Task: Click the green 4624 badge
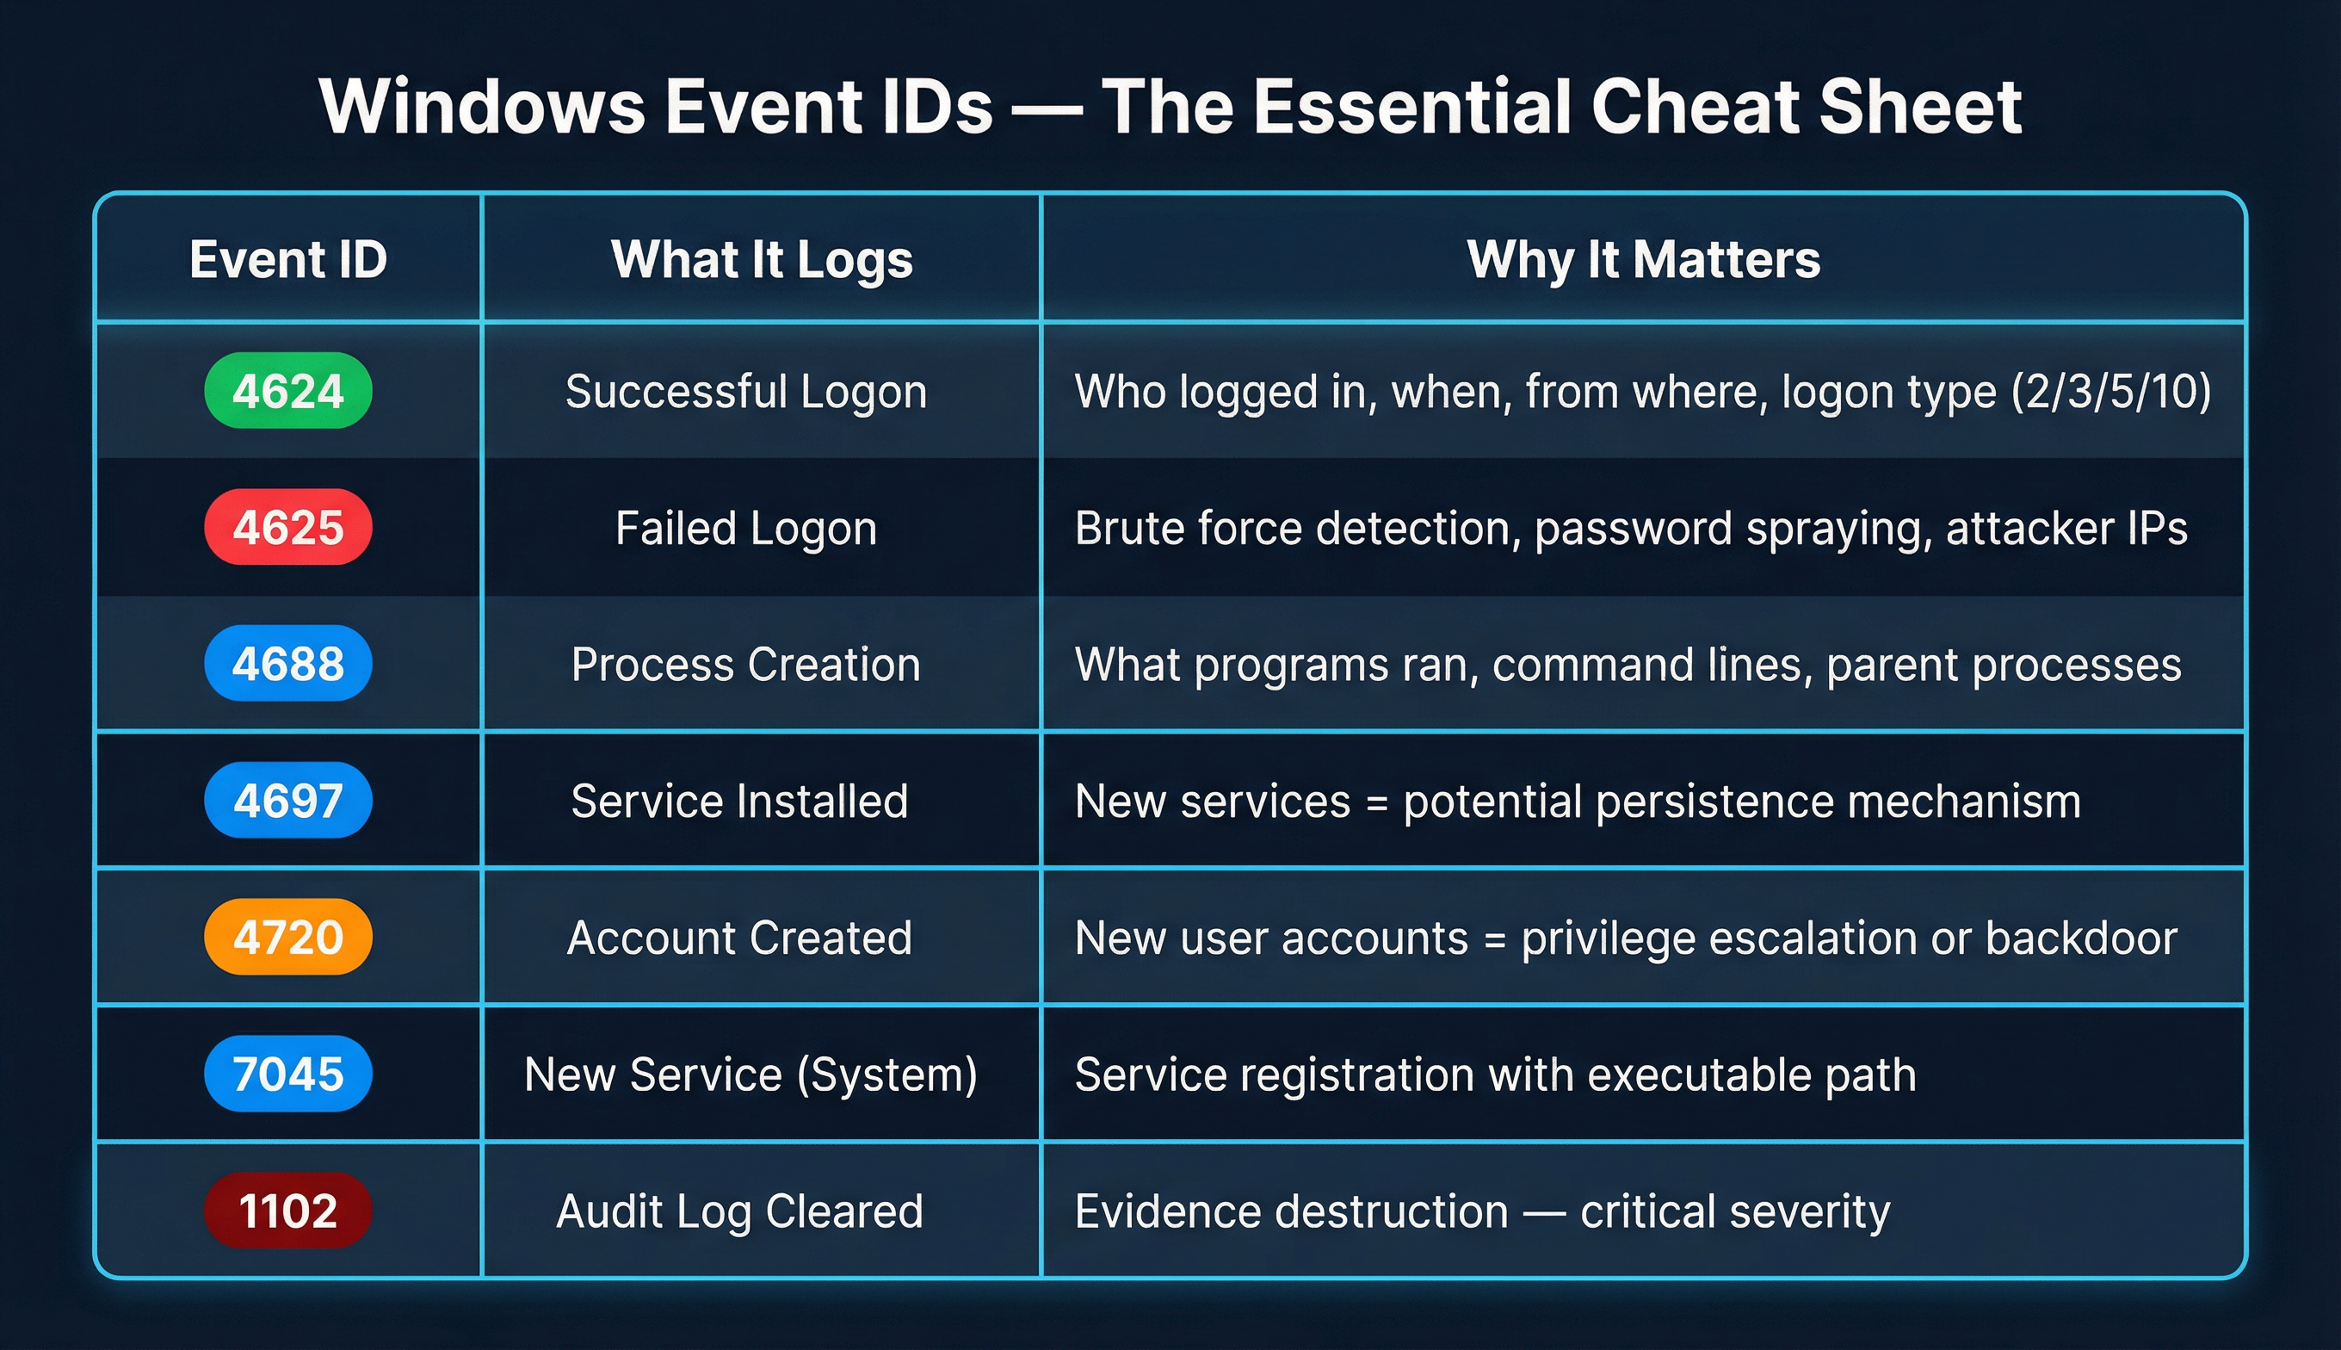pos(288,390)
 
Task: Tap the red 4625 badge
pos(288,527)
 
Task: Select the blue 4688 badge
pos(288,664)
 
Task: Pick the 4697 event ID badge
pos(288,800)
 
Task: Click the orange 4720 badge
pos(288,937)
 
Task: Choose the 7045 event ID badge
pos(288,1074)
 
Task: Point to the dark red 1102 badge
pos(288,1210)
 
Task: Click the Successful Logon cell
pos(746,391)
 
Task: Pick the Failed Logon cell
pos(746,528)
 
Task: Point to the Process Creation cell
pos(746,664)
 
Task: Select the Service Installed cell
pos(739,801)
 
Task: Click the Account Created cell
pos(739,938)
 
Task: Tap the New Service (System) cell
pos(750,1074)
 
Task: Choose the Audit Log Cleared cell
pos(739,1211)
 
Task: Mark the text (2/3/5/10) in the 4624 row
pos(2111,391)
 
